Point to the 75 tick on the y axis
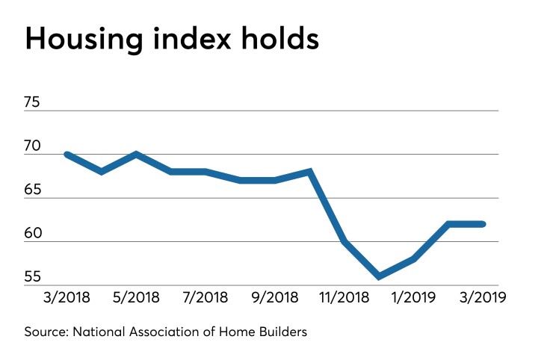(x=34, y=102)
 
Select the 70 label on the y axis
(x=34, y=146)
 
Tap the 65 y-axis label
(x=34, y=190)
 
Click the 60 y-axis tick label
(x=34, y=234)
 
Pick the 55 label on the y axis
(x=34, y=277)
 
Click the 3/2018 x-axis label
(x=67, y=297)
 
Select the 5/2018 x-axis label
(x=136, y=297)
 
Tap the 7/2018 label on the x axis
(x=206, y=297)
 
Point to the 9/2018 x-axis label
(x=275, y=297)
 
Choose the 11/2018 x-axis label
(x=344, y=297)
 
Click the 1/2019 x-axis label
(x=413, y=297)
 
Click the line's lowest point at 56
(x=379, y=276)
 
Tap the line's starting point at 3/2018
(x=67, y=155)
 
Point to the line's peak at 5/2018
(x=136, y=155)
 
